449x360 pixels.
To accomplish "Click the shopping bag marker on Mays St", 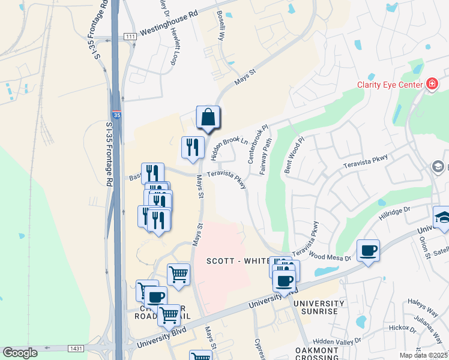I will [208, 117].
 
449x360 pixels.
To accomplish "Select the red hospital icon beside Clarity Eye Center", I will [432, 84].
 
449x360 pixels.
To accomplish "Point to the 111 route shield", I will [130, 37].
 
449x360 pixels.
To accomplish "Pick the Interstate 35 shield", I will [117, 115].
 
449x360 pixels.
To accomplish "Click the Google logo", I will [20, 353].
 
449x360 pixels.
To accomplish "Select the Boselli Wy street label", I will [221, 27].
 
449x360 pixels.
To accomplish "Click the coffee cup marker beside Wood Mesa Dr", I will [367, 250].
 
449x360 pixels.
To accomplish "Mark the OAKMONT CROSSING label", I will [319, 354].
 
